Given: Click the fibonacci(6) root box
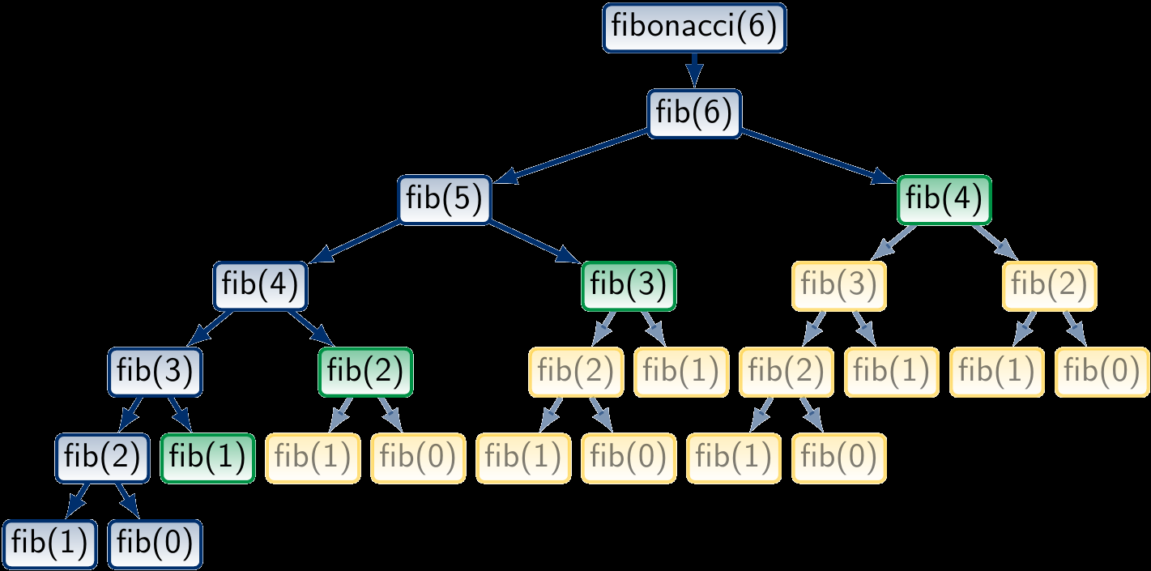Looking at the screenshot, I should click(x=694, y=28).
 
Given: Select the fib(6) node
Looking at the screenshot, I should click(x=694, y=113).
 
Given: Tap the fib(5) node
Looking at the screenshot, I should click(x=445, y=200).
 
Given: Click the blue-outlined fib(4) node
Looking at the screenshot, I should click(x=260, y=286).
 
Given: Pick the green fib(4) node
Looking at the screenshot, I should click(x=944, y=200).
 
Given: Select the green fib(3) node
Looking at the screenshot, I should click(x=629, y=286).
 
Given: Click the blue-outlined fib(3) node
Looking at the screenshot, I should click(x=155, y=372).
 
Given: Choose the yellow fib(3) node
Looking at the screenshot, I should click(x=838, y=286).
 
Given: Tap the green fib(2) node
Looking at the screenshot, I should click(x=366, y=372).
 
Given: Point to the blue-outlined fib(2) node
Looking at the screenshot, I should click(x=102, y=458).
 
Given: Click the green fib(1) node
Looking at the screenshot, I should click(x=208, y=458).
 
